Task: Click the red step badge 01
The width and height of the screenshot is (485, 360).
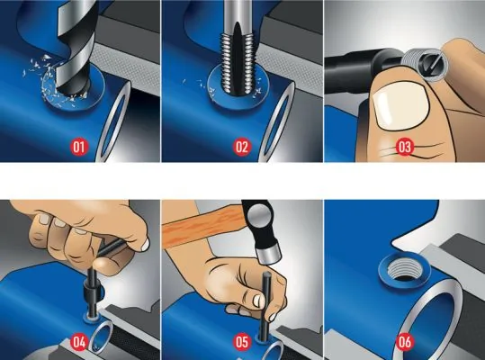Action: [79, 146]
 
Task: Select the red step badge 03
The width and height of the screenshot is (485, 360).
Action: [404, 146]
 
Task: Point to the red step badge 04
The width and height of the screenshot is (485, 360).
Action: [79, 341]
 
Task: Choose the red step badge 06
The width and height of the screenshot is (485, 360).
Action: [404, 341]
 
